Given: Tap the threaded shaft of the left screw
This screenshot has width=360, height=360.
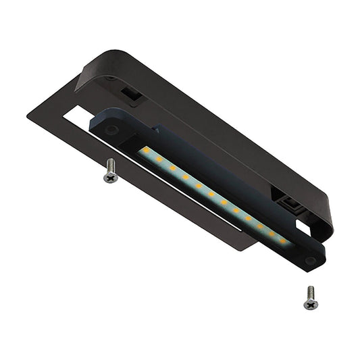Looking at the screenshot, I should [x=110, y=165].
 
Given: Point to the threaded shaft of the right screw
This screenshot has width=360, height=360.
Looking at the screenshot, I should [x=310, y=292].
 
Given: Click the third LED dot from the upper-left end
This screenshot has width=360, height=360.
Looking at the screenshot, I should [x=172, y=168].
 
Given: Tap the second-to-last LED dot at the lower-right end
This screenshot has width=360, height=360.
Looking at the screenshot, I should [x=272, y=232].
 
